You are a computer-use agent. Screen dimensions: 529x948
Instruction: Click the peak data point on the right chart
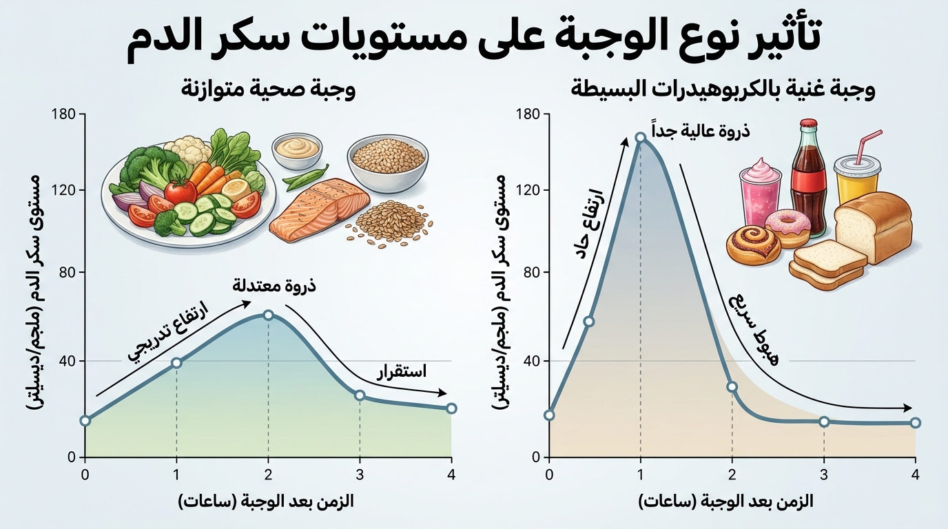pos(641,137)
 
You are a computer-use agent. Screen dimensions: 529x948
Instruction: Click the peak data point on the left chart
pos(268,315)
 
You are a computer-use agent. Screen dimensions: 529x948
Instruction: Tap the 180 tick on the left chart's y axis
pos(65,114)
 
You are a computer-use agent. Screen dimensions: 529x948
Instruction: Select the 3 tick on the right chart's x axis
pos(824,474)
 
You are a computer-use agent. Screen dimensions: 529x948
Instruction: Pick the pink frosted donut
pos(787,227)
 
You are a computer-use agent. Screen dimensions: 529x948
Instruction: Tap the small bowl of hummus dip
pos(296,149)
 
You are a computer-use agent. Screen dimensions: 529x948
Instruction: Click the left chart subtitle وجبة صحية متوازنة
pos(268,90)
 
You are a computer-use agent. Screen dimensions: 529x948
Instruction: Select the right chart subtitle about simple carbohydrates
pos(723,90)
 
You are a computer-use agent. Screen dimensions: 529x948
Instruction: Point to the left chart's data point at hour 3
pos(360,395)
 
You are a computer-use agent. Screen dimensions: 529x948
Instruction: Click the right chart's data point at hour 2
pos(732,387)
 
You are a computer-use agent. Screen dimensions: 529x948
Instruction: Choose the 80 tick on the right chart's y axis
pos(530,273)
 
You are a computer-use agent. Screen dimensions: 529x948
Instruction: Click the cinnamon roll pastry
pos(753,245)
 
